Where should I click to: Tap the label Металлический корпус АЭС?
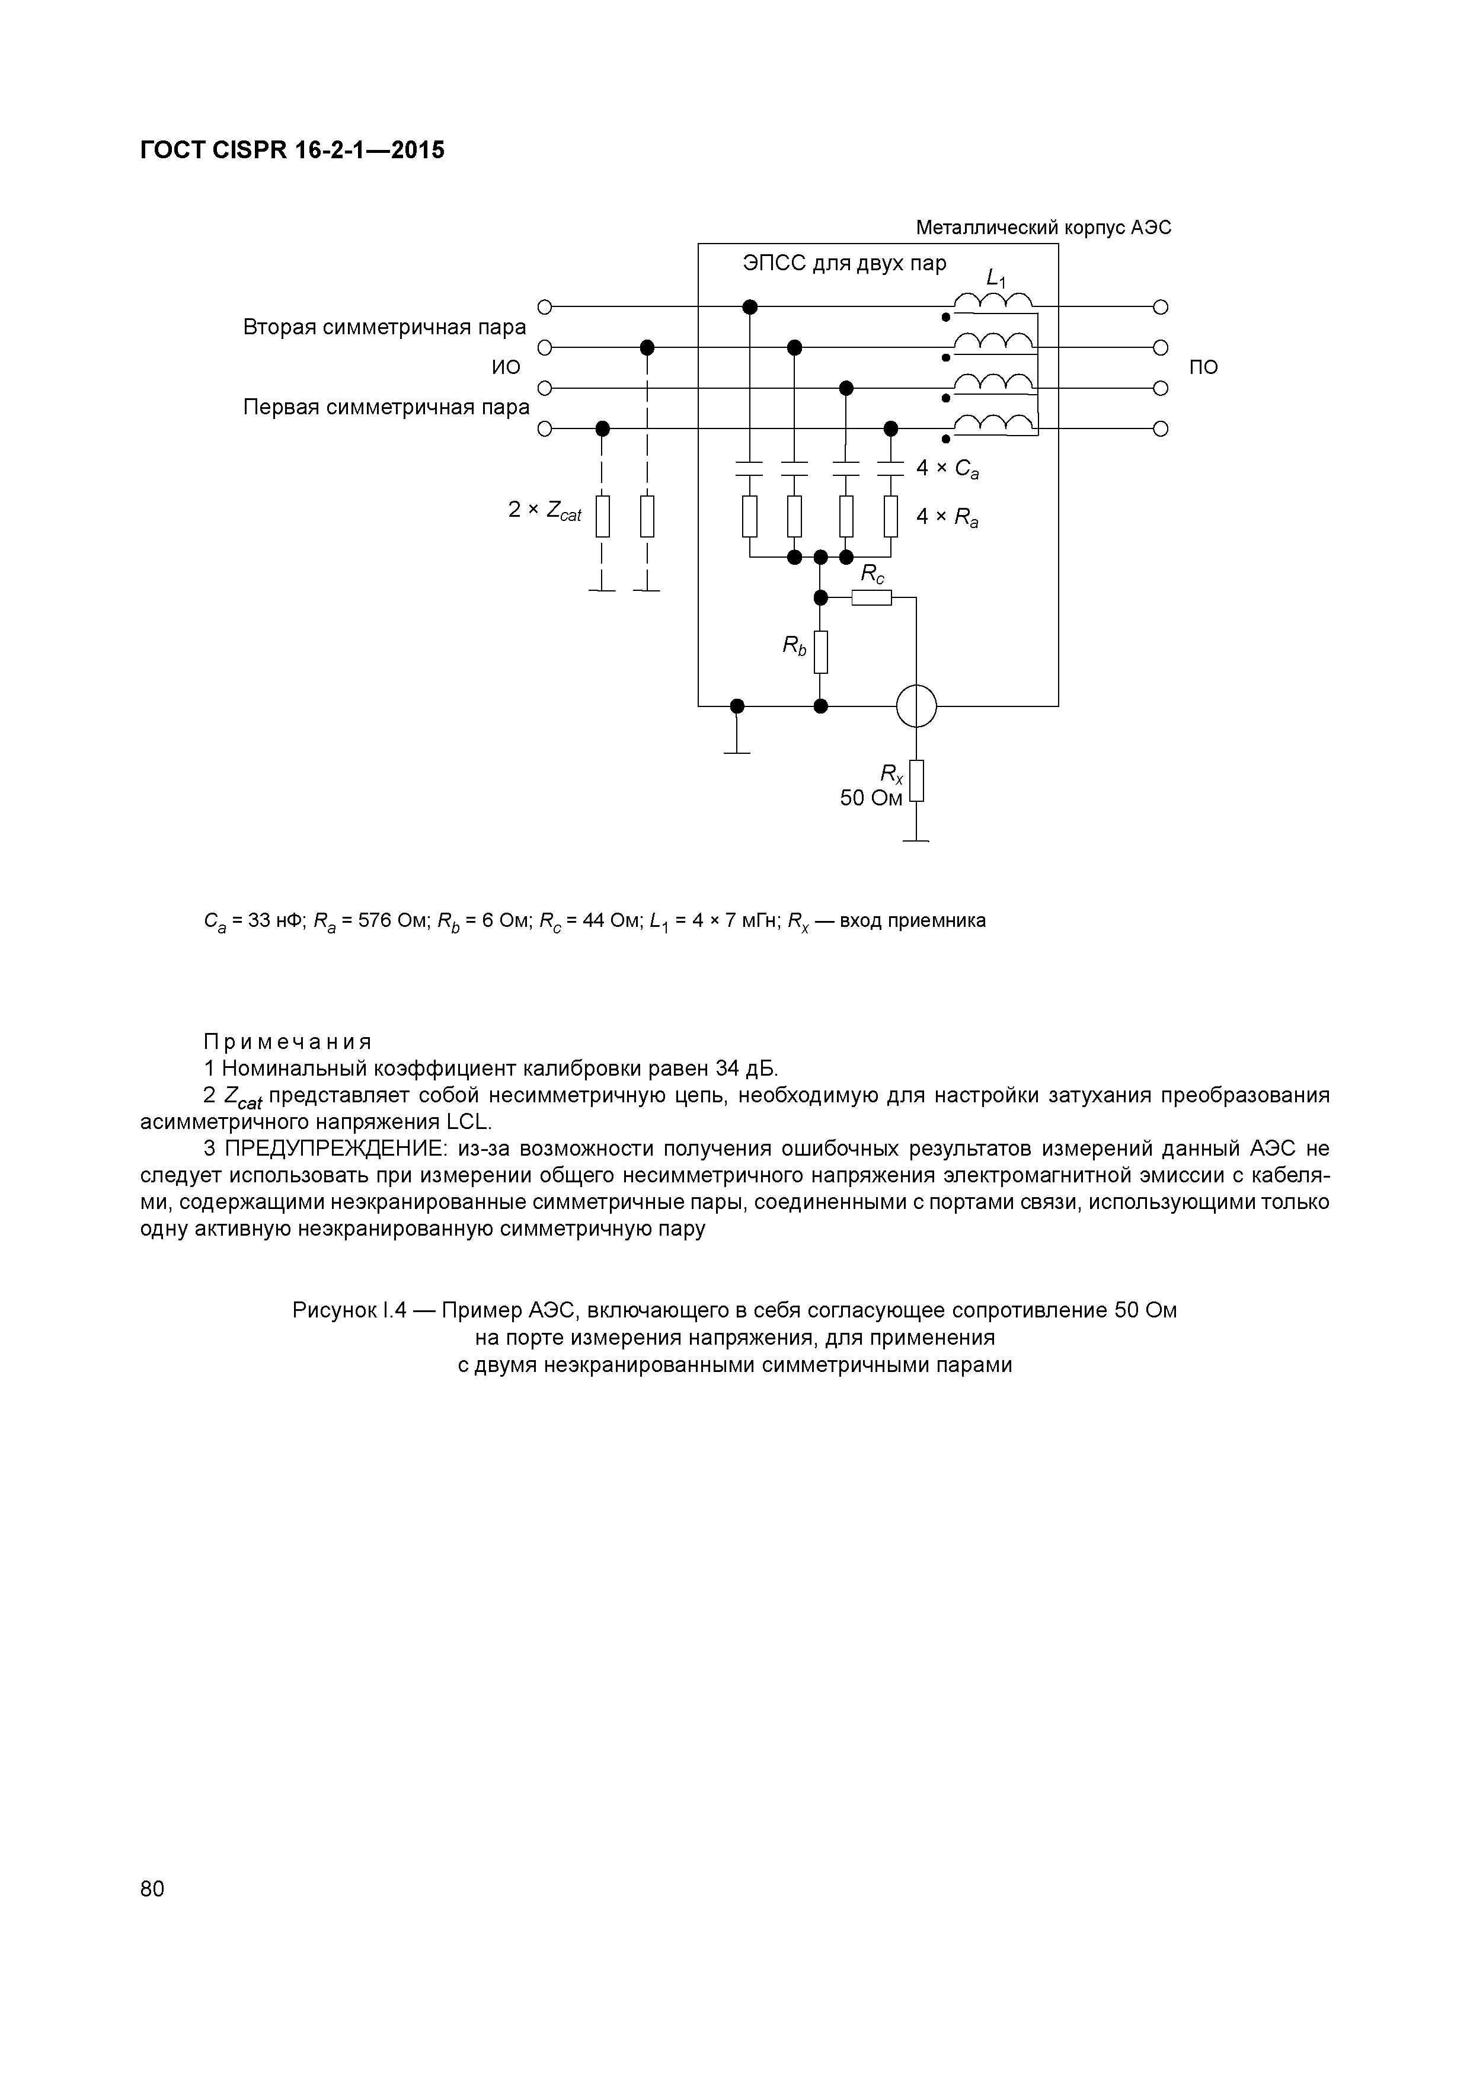tap(1043, 227)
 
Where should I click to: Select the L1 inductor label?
tap(995, 279)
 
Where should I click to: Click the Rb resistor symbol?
tap(820, 652)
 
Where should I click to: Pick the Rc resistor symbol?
tap(871, 597)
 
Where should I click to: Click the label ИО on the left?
tap(506, 367)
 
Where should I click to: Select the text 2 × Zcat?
tap(544, 511)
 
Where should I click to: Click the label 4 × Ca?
tap(947, 469)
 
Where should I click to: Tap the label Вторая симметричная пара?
tap(384, 327)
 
